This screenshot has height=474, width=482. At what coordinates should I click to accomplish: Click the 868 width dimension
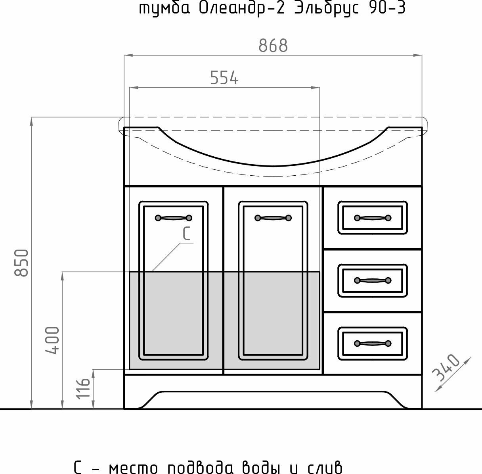[x=273, y=46]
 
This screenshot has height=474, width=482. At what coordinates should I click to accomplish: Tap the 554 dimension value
[x=224, y=78]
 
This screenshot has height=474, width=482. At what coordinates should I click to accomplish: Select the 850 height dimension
[x=21, y=263]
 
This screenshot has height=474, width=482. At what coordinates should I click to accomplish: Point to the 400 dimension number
[x=52, y=340]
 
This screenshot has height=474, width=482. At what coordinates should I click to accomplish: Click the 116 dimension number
[x=83, y=388]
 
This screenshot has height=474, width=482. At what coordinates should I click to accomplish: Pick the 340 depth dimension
[x=446, y=367]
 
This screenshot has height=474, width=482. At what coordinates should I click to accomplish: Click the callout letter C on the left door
[x=187, y=233]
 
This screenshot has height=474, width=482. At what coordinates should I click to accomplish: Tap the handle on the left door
[x=174, y=218]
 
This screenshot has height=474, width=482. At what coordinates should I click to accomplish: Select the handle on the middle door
[x=273, y=218]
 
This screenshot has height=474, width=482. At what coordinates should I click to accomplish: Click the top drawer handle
[x=373, y=218]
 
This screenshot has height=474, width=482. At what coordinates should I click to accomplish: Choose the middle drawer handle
[x=373, y=280]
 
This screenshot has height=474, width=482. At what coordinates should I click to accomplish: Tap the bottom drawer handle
[x=373, y=343]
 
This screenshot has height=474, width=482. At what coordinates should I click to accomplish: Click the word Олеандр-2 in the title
[x=242, y=8]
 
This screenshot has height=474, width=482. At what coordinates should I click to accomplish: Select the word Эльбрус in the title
[x=327, y=8]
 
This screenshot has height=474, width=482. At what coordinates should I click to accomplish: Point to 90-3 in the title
[x=387, y=8]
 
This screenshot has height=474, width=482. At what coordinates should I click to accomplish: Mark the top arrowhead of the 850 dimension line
[x=32, y=122]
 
